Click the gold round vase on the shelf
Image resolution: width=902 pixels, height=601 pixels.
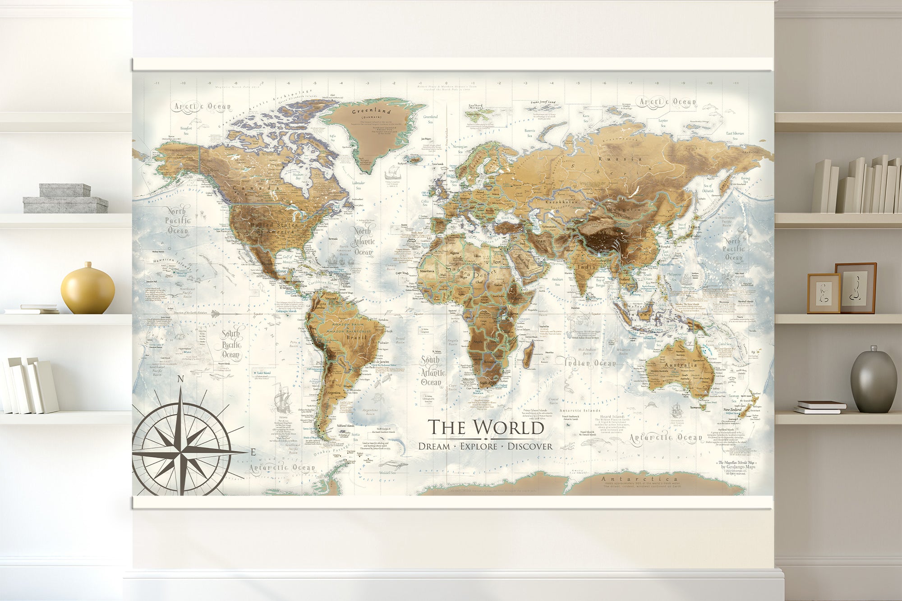pyautogui.click(x=87, y=289)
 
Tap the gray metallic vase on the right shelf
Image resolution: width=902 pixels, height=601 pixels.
pyautogui.click(x=873, y=381)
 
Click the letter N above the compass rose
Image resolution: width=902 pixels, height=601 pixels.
pyautogui.click(x=180, y=379)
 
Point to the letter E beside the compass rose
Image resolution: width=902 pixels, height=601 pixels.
pyautogui.click(x=253, y=452)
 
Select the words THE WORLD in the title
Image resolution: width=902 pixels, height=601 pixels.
pyautogui.click(x=486, y=427)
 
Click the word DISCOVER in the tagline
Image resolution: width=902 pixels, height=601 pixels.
pyautogui.click(x=530, y=446)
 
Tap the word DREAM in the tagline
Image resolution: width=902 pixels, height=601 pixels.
pyautogui.click(x=434, y=446)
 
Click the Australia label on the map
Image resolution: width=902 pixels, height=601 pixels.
pyautogui.click(x=681, y=365)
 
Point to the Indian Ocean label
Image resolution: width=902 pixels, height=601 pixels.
pyautogui.click(x=590, y=363)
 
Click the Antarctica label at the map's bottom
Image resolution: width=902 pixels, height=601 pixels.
pyautogui.click(x=639, y=479)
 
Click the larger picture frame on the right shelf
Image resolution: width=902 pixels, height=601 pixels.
pyautogui.click(x=856, y=288)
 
